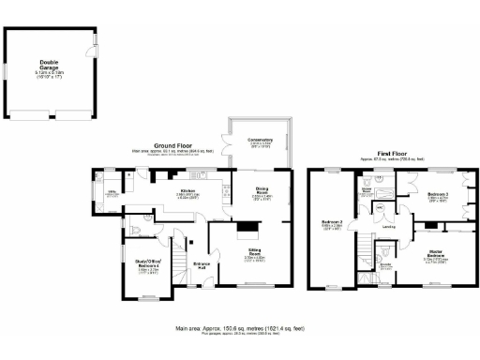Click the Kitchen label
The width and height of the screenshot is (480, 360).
[x=187, y=194]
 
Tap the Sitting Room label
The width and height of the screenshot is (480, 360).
[x=255, y=252]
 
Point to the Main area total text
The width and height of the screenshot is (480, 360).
[x=238, y=329]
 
